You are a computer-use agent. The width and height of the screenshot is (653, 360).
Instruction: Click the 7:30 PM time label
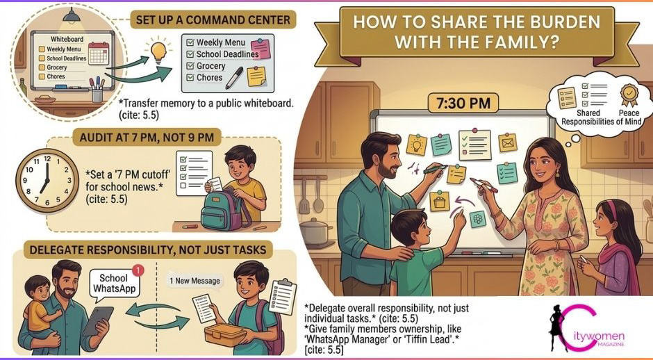pos(463,103)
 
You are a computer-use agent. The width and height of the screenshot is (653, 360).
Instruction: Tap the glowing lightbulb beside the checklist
pos(158,51)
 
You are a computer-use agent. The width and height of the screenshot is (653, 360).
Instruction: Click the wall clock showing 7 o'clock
pos(47,181)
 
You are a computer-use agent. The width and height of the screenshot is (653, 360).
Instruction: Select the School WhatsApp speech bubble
pos(114,284)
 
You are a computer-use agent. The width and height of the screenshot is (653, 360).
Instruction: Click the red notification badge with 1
pos(138,271)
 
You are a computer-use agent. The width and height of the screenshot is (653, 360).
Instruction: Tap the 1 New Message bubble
pos(195,280)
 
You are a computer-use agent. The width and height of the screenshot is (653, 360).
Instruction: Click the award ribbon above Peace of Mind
pos(629,95)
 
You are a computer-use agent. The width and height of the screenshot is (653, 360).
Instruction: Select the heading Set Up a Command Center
pos(213,19)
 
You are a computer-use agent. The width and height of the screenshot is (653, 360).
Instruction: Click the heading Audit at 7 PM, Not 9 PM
pos(147,137)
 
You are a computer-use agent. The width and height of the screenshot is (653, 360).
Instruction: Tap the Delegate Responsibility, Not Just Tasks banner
pos(148,249)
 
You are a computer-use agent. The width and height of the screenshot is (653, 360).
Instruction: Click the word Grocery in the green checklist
pos(210,66)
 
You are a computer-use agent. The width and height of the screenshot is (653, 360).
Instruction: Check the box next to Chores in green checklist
pos(190,78)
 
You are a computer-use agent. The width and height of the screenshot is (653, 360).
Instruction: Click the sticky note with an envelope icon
pos(508,143)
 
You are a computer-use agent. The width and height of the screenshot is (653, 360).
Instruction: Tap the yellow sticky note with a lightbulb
pos(416,145)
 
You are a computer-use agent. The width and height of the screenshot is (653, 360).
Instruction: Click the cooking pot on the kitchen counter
pos(315,231)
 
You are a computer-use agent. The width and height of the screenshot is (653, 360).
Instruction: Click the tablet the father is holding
pos(98,321)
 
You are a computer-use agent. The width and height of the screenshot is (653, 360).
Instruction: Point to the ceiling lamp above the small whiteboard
pos(72,17)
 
